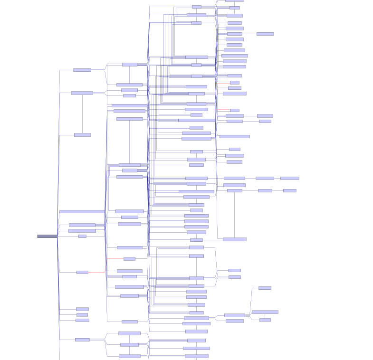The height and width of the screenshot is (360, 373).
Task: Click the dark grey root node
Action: pos(47,236)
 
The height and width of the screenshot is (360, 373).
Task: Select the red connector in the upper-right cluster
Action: pos(223,110)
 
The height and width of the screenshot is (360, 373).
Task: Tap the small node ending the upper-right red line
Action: pos(235,110)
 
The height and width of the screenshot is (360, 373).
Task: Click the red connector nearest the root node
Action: pos(115,259)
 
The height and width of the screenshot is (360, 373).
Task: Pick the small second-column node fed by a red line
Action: pos(129,259)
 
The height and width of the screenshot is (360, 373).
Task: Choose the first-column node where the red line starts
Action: pos(82,272)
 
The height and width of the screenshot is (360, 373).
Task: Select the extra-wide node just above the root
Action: pos(82,211)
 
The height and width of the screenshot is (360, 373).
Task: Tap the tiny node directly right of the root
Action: pos(82,236)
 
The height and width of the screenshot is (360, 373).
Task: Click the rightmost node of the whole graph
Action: pos(289,178)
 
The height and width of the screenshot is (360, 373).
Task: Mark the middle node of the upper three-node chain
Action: pos(265,178)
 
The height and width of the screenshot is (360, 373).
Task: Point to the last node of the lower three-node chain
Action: pos(289,190)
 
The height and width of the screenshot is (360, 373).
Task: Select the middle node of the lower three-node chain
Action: pos(265,190)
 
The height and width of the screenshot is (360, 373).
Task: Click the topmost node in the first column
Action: pos(82,70)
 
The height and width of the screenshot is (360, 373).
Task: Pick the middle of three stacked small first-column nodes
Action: pos(82,314)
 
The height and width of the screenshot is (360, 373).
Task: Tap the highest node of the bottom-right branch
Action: pos(265,288)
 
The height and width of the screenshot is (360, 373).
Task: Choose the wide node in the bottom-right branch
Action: pos(265,312)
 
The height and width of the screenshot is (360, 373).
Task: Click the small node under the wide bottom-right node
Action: pos(265,320)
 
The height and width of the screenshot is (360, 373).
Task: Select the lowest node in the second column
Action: pos(129,356)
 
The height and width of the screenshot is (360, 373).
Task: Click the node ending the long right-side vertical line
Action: pos(234,239)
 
